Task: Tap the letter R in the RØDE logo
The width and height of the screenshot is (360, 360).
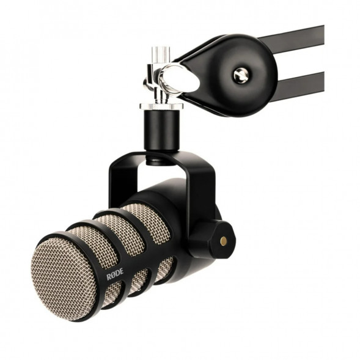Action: click(109, 277)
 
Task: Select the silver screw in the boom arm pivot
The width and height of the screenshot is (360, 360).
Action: click(240, 75)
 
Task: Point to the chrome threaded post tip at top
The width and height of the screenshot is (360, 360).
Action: click(161, 53)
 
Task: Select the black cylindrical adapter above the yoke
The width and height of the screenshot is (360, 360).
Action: click(161, 131)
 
